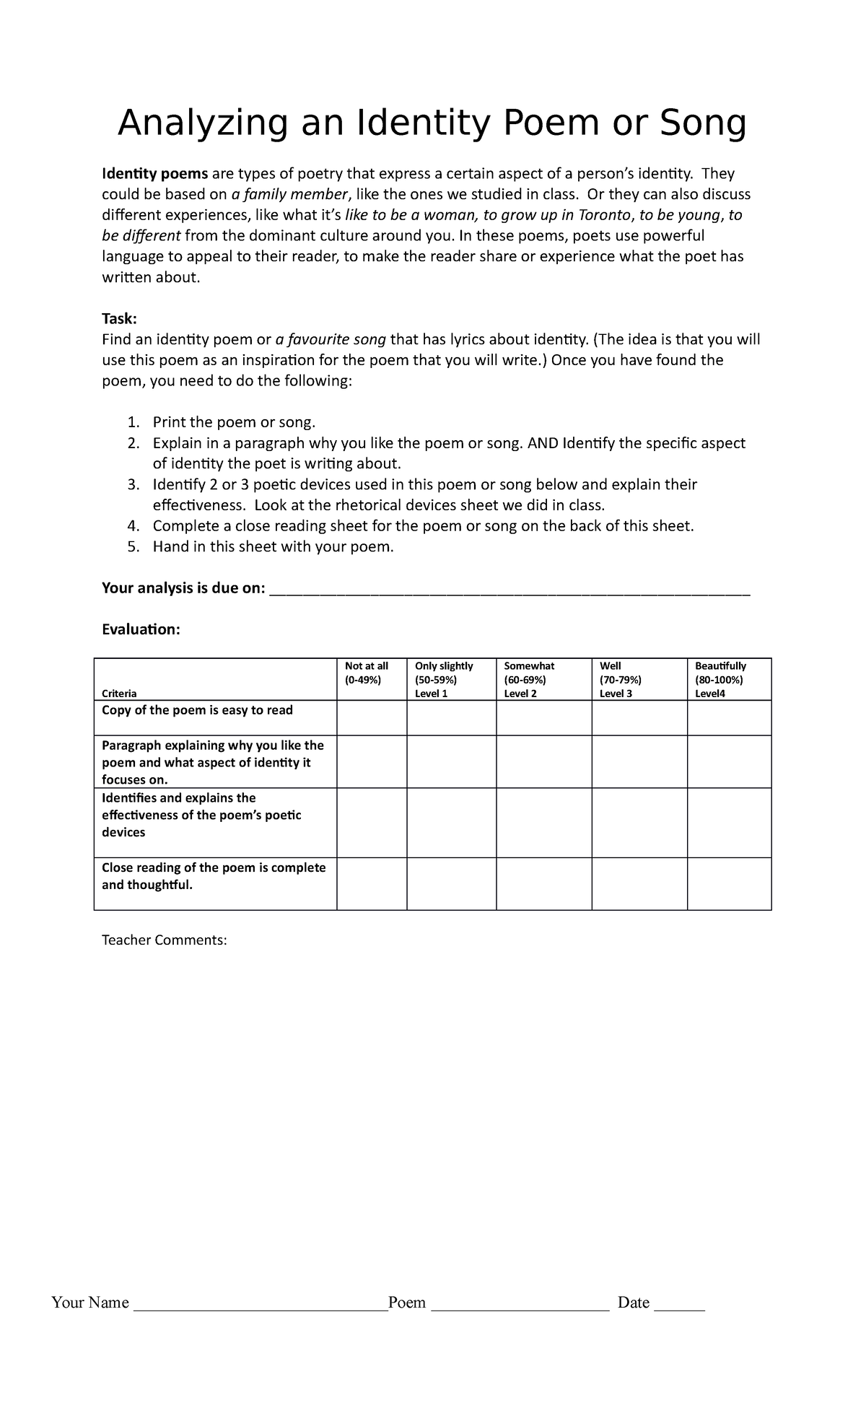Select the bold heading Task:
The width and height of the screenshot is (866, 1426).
[x=119, y=319]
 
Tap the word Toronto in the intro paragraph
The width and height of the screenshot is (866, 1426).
[x=596, y=215]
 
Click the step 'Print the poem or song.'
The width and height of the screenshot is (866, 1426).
[x=234, y=422]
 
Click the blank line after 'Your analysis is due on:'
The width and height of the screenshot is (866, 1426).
[x=509, y=589]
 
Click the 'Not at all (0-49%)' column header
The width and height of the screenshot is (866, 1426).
[x=367, y=673]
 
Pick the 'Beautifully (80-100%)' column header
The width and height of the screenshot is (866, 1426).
[x=720, y=679]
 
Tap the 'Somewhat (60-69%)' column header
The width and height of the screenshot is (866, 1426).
[x=529, y=679]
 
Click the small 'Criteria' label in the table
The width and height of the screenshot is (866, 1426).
[x=119, y=694]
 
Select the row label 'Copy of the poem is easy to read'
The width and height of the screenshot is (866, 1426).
[x=197, y=710]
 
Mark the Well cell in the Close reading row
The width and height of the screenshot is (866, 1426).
[x=639, y=883]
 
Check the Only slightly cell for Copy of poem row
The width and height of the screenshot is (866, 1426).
[x=451, y=718]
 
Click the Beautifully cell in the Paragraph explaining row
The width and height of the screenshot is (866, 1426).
[x=729, y=761]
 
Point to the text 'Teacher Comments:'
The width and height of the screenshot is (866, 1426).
[x=165, y=940]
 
